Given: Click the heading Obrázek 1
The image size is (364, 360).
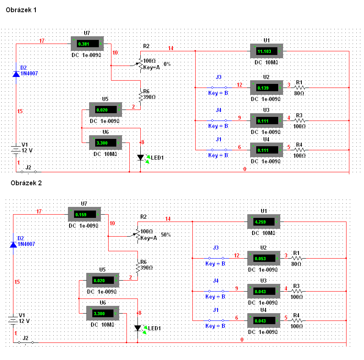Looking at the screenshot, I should (x=21, y=10).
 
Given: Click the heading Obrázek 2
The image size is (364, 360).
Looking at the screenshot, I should (x=26, y=183).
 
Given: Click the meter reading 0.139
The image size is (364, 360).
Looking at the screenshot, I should (x=264, y=88).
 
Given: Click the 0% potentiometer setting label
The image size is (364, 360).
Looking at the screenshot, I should (x=167, y=64).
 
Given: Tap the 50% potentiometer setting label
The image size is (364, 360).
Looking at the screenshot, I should (x=166, y=235).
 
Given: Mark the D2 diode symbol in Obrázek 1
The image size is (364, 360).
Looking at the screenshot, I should (x=16, y=74).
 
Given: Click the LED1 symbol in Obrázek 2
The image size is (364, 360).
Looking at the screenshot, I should (x=138, y=328).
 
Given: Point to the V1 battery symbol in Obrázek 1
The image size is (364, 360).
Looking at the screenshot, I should (x=15, y=150).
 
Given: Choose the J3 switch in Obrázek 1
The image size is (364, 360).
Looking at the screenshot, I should (x=218, y=88).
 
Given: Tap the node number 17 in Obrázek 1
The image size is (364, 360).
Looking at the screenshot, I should (x=41, y=41).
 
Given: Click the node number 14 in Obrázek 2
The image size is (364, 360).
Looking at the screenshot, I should (x=168, y=219).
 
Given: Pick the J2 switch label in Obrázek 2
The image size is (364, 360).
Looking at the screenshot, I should (x=26, y=338).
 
